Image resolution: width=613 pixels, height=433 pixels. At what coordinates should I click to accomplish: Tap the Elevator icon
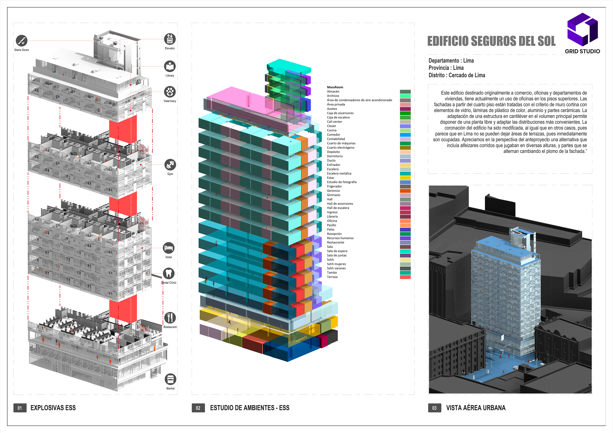pos(170,39)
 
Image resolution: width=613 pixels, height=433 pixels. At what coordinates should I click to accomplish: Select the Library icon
pos(170,66)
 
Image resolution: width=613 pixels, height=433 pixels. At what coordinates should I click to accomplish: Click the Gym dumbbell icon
pos(170,165)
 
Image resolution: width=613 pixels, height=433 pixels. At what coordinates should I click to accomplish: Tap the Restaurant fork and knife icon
pos(170,318)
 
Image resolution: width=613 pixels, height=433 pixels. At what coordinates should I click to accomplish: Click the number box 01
pos(20,408)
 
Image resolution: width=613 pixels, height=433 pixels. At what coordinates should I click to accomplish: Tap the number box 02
pos(198,408)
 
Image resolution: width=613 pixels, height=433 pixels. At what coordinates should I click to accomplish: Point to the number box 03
pos(434,408)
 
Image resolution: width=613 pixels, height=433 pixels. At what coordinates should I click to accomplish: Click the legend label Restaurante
pos(335,242)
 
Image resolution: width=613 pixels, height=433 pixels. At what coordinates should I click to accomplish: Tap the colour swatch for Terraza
pos(405,277)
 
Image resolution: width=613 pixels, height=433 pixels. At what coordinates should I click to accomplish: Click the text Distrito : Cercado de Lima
pos(457,75)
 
